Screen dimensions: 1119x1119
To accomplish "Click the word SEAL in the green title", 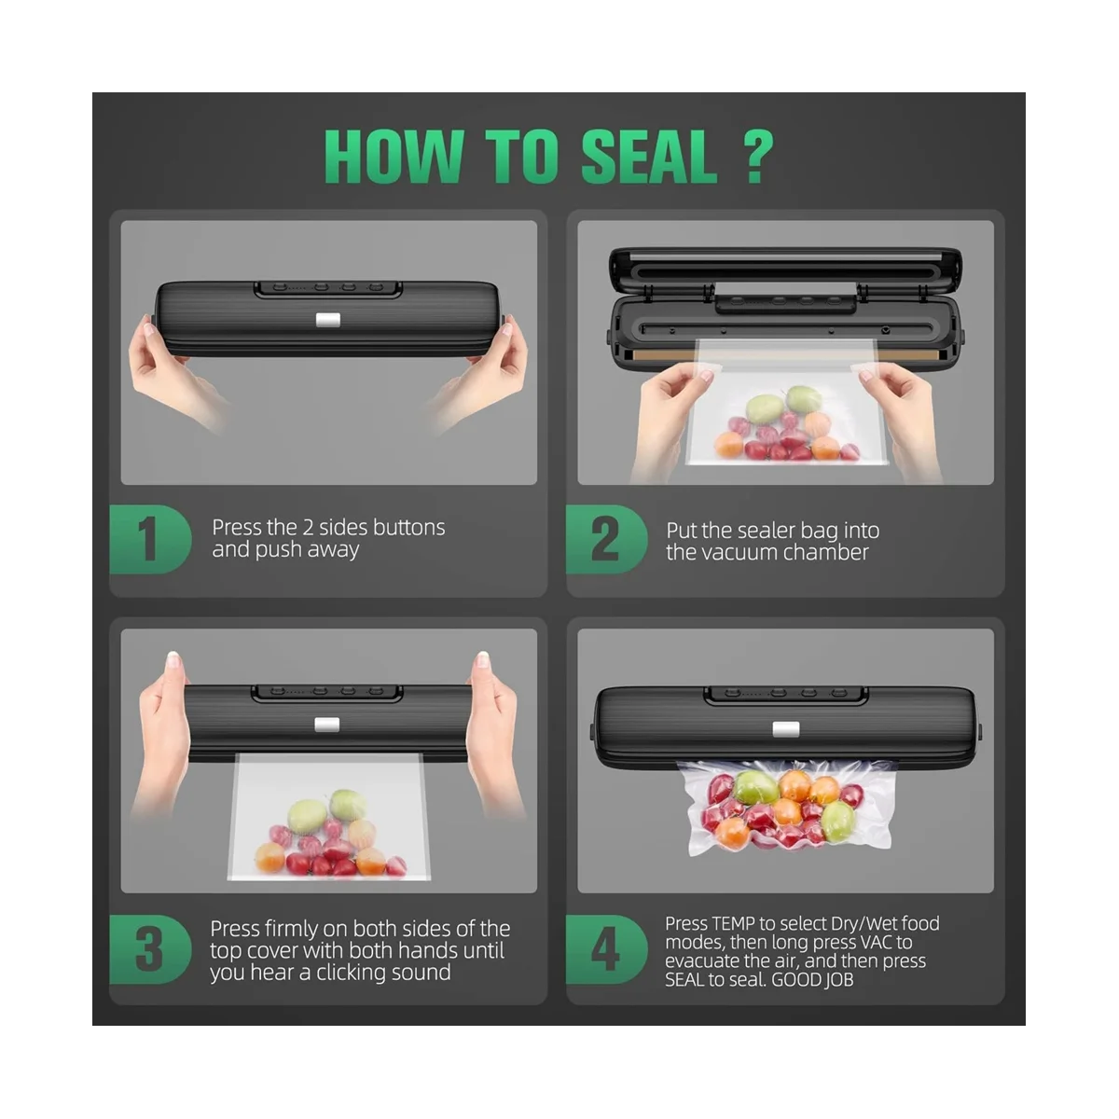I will click(x=649, y=157).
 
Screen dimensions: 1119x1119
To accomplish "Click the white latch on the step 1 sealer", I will click(x=327, y=320).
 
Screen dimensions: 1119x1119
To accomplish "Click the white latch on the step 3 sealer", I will click(x=326, y=725).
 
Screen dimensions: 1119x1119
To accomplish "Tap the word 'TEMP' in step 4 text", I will click(x=733, y=924).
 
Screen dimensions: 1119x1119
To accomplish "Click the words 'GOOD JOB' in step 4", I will click(x=811, y=980).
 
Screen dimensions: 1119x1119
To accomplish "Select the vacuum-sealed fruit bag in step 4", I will click(x=783, y=807).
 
